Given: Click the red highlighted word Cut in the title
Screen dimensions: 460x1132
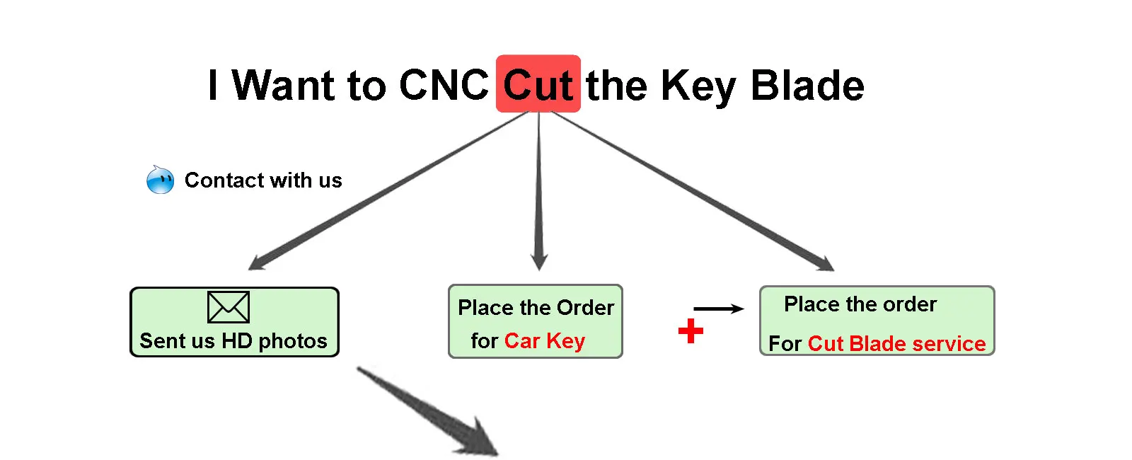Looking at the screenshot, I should [x=538, y=85].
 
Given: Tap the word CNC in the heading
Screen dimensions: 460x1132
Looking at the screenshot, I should [x=444, y=86].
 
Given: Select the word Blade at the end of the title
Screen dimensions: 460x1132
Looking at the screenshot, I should [x=807, y=86].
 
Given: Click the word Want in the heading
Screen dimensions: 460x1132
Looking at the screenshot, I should [x=284, y=86].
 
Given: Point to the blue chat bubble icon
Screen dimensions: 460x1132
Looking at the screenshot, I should [x=160, y=180].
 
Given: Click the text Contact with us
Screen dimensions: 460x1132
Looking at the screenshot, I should [x=263, y=180].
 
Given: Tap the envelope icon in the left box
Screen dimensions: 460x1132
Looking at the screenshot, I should [x=228, y=307].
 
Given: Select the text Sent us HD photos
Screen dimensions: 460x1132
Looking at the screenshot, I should [x=233, y=341].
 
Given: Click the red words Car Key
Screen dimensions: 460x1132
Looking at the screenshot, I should [x=544, y=341].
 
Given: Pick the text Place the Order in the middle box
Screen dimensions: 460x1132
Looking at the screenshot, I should [x=536, y=308].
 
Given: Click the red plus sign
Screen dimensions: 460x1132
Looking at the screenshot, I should [x=691, y=330].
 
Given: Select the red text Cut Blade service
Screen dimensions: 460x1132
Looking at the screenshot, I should [x=896, y=344].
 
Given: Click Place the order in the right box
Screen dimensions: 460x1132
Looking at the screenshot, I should [x=860, y=304].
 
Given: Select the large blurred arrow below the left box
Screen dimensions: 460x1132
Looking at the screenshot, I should [x=432, y=410].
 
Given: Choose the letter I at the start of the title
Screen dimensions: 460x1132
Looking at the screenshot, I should [x=213, y=86].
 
